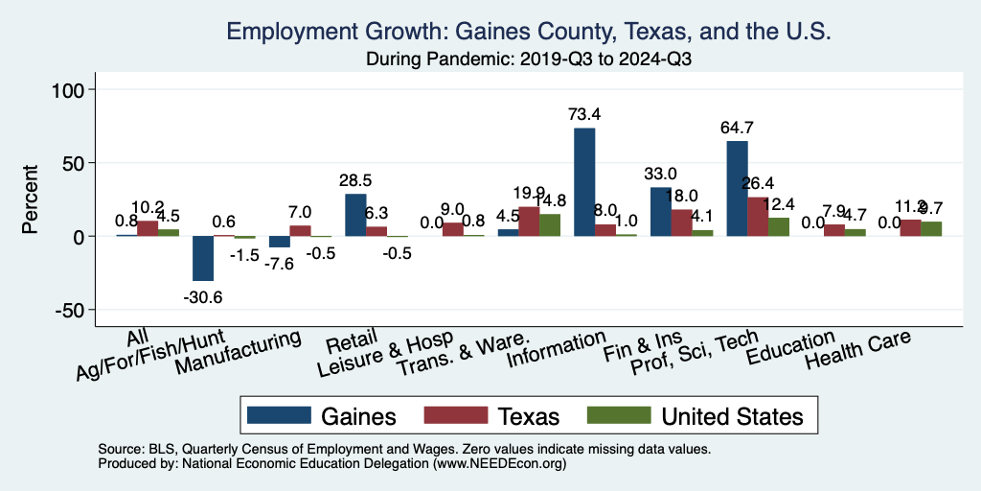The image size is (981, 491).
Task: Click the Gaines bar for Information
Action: pos(584,181)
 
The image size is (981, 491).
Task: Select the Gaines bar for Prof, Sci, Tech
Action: pos(737,188)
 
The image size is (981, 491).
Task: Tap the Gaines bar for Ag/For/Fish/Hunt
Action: pos(202,258)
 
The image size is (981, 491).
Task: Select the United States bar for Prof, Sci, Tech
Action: pos(779,226)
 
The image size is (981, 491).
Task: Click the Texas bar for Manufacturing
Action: pos(300,230)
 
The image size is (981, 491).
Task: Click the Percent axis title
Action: pos(32,199)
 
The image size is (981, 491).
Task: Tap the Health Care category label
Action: pos(856,352)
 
